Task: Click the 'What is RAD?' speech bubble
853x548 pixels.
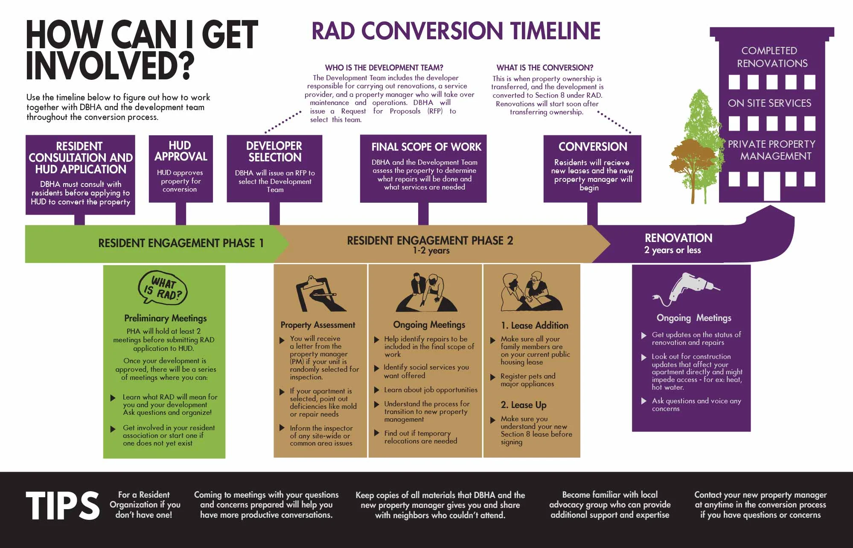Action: pos(163,288)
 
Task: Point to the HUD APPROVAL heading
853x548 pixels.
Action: pos(180,151)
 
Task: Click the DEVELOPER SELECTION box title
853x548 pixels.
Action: pos(274,152)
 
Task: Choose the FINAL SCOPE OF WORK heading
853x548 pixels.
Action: pos(426,147)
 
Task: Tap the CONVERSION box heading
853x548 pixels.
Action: pos(593,147)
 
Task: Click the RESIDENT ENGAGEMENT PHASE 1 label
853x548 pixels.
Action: pos(180,243)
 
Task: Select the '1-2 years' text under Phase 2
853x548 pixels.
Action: pos(431,251)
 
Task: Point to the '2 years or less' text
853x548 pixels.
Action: pos(672,250)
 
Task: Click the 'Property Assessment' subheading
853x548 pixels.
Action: pos(317,325)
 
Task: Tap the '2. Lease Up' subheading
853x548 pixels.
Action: pos(523,405)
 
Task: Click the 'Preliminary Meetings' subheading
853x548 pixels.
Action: pos(165,318)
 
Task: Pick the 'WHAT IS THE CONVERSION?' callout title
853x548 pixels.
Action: pos(544,68)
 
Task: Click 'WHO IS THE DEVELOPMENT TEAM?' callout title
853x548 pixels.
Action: pos(384,68)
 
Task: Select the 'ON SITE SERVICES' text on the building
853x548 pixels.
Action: pos(769,103)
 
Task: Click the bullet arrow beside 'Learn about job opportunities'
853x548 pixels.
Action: pos(377,390)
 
